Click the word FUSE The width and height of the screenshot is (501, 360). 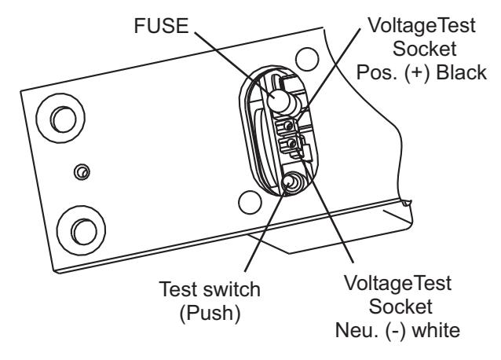[x=161, y=26]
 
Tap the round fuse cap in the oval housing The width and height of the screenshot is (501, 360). [x=279, y=100]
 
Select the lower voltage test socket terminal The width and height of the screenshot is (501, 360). [x=289, y=144]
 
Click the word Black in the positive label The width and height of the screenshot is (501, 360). [x=462, y=72]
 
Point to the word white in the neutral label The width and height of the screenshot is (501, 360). [x=436, y=330]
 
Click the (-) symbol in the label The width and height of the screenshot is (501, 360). [x=396, y=331]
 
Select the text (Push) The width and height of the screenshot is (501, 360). [x=210, y=314]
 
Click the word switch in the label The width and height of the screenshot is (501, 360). [x=232, y=289]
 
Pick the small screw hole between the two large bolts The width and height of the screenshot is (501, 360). [x=82, y=172]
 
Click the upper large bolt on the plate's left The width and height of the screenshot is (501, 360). [x=60, y=118]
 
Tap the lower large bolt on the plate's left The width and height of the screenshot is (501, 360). [x=81, y=230]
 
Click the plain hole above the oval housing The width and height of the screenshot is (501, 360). [x=307, y=60]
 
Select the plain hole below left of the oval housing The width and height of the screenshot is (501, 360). [x=251, y=202]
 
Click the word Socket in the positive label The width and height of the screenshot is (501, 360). [x=424, y=49]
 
